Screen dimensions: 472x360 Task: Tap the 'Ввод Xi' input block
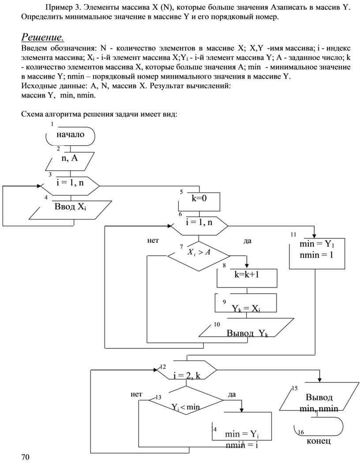point(70,209)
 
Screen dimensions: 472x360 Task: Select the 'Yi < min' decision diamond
point(186,403)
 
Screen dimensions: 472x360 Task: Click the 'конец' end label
point(318,442)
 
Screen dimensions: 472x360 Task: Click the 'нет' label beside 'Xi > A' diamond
point(153,241)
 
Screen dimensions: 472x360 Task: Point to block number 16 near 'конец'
point(301,432)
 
